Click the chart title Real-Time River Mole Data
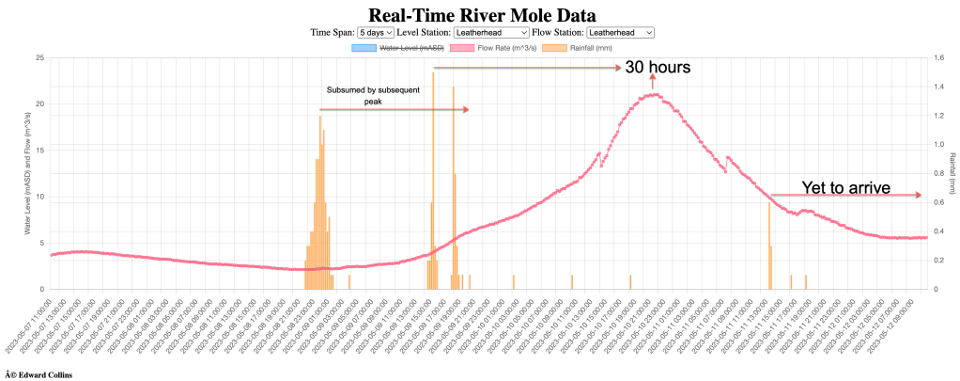[479, 15]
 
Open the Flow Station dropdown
[619, 33]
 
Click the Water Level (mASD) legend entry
[397, 47]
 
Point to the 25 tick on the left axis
[39, 58]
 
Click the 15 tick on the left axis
[39, 151]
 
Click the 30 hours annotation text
[658, 68]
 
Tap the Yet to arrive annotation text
[844, 188]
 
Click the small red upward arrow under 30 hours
[653, 82]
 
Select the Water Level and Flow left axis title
[26, 173]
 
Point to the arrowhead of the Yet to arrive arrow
[920, 196]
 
